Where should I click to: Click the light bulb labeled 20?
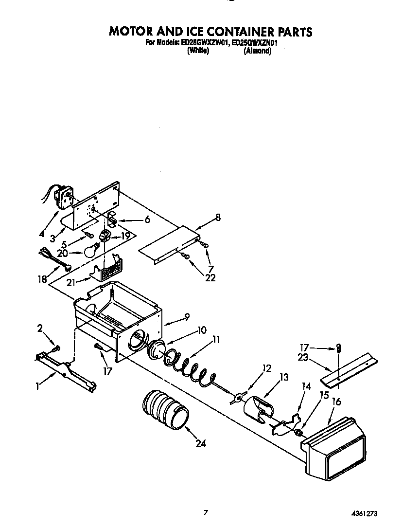[x=90, y=252]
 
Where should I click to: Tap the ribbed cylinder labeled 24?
[x=165, y=409]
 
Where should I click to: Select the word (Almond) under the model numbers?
[x=257, y=51]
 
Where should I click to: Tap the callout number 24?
[x=201, y=443]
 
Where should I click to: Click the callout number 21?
[x=71, y=282]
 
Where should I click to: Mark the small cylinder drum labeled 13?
[x=257, y=408]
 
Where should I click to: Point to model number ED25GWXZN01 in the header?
[x=255, y=43]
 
